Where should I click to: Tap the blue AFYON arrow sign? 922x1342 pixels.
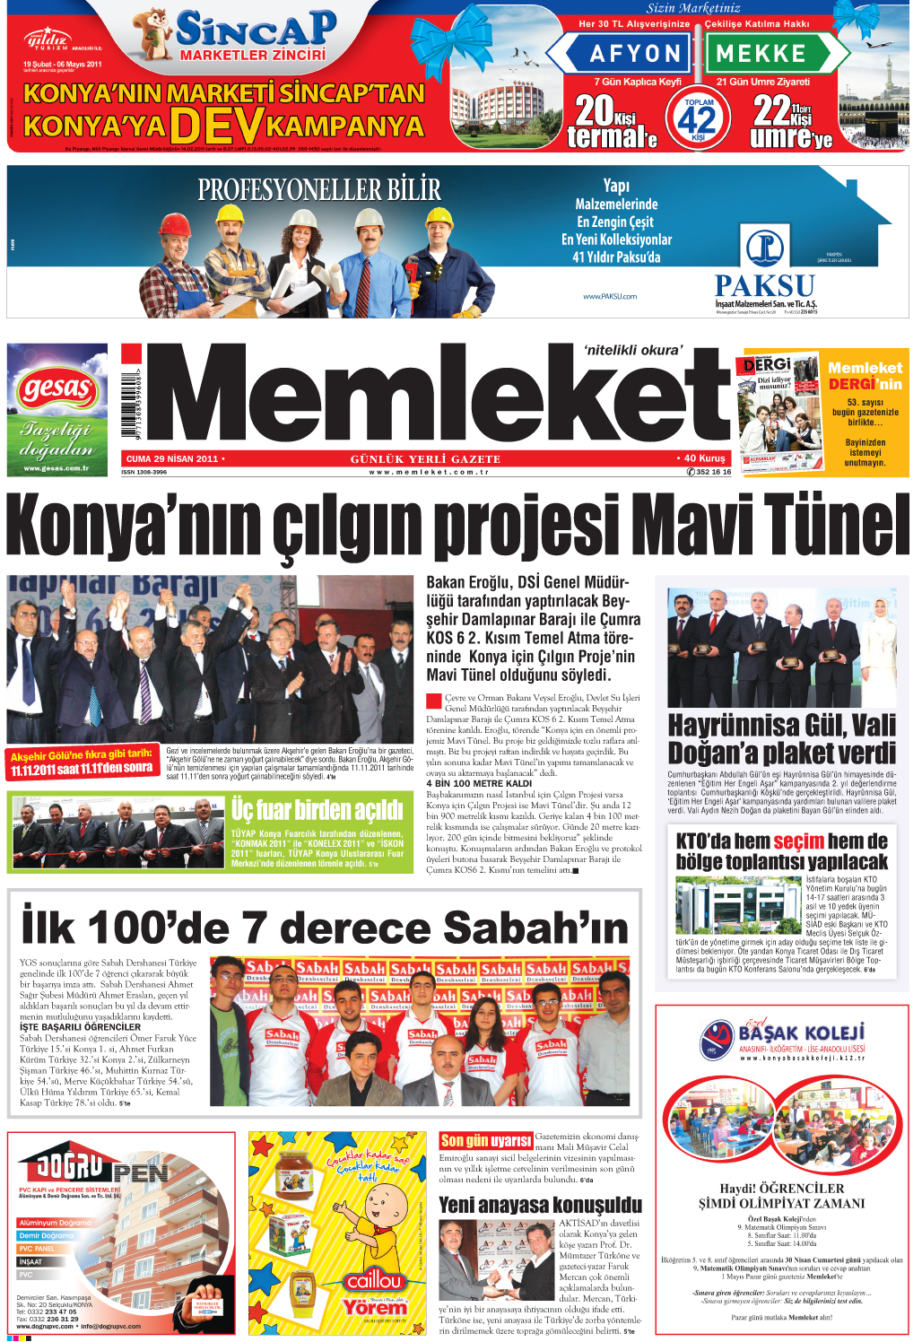pyautogui.click(x=628, y=54)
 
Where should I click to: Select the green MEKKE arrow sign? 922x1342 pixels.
pyautogui.click(x=768, y=54)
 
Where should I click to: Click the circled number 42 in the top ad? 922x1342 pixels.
pyautogui.click(x=699, y=118)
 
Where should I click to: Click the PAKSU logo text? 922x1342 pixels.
pyautogui.click(x=765, y=286)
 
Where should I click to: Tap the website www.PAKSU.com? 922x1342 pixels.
pyautogui.click(x=610, y=296)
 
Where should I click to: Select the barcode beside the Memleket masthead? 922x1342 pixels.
pyautogui.click(x=131, y=401)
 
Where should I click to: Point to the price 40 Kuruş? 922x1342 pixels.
pyautogui.click(x=704, y=458)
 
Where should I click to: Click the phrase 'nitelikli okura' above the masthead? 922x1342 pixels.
pyautogui.click(x=633, y=351)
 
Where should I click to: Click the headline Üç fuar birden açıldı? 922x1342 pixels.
pyautogui.click(x=317, y=810)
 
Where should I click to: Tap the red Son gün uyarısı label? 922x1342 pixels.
pyautogui.click(x=486, y=1140)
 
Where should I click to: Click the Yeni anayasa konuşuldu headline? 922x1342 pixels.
pyautogui.click(x=540, y=1205)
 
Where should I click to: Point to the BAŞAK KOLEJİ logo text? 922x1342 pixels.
pyautogui.click(x=802, y=1033)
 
